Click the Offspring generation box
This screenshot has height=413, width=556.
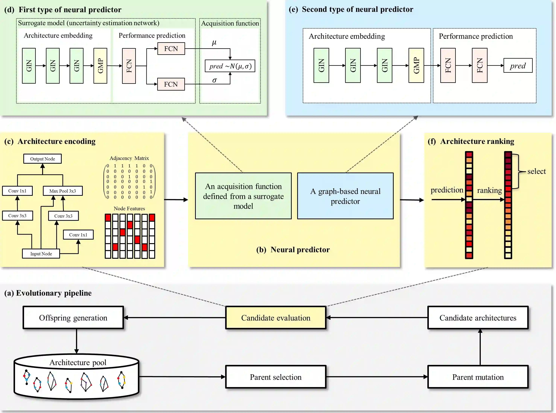(73, 318)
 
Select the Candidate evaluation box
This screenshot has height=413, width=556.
(276, 318)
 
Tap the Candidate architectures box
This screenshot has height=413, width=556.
(478, 318)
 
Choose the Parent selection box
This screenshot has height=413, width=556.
(276, 377)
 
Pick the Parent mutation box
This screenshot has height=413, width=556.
(478, 377)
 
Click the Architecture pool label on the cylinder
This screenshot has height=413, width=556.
(78, 362)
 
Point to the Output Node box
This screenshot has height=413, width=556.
(43, 159)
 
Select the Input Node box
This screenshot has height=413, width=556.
(41, 254)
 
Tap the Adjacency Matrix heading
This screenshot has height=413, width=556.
(129, 158)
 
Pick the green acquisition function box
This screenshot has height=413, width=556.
(243, 196)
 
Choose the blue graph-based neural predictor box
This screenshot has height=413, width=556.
(345, 196)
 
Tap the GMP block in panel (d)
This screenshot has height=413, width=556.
(100, 66)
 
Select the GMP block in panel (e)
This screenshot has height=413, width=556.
(416, 66)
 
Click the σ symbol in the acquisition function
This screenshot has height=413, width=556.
(214, 80)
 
